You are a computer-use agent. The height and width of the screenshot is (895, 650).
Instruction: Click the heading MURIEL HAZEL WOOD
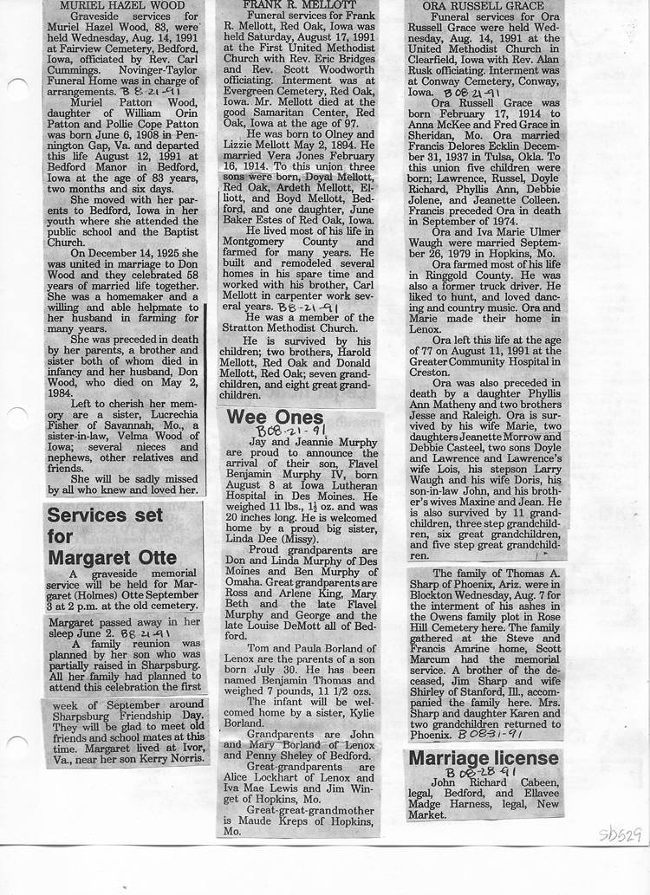pyautogui.click(x=123, y=5)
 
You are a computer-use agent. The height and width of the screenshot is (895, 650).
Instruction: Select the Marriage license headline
pyautogui.click(x=484, y=759)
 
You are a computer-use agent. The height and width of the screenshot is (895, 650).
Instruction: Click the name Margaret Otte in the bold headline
pyautogui.click(x=113, y=559)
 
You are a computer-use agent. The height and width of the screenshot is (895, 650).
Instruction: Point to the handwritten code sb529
pyautogui.click(x=621, y=835)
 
